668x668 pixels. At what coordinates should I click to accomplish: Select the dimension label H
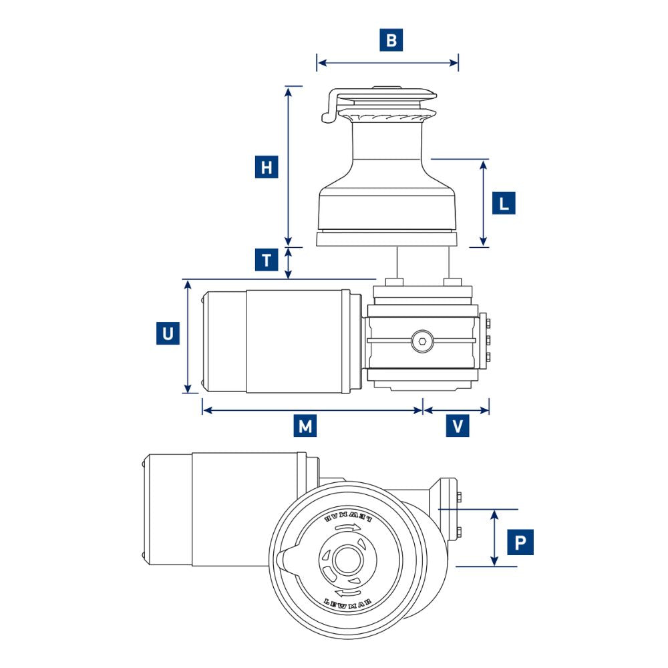tap(267, 166)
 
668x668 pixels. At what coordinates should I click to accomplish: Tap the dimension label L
tap(504, 202)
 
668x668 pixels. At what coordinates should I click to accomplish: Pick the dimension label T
tap(267, 259)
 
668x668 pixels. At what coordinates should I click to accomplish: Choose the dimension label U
tap(168, 333)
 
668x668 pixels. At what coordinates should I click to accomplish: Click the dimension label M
tap(305, 426)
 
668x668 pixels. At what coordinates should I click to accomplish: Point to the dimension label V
tap(458, 426)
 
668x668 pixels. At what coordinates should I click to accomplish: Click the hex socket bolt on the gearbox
tap(422, 342)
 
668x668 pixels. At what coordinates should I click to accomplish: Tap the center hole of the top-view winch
tap(345, 560)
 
